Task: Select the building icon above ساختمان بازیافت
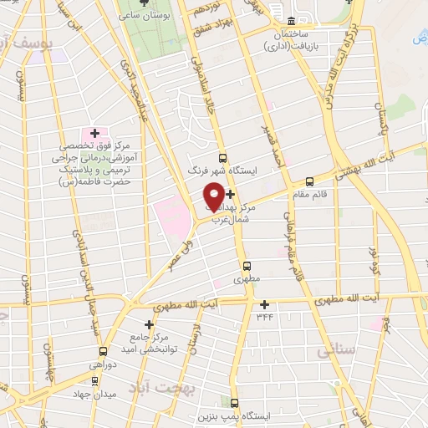[x=291, y=21]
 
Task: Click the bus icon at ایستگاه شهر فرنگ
[x=222, y=157]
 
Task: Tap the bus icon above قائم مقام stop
[x=310, y=181]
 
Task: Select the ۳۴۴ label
[x=265, y=316]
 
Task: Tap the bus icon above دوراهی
[x=103, y=351]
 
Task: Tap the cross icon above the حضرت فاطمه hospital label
[x=94, y=133]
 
